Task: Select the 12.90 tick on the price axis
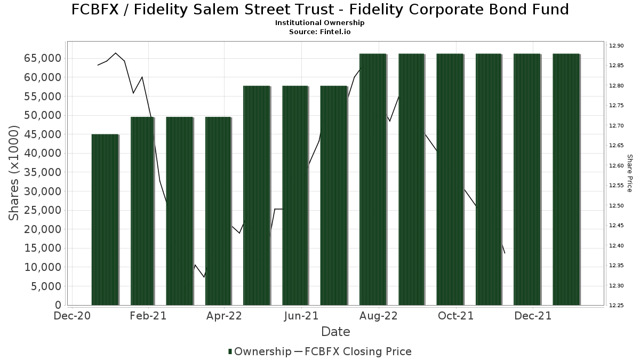(617, 46)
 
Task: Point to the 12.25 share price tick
(617, 306)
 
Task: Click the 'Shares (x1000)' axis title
(15, 173)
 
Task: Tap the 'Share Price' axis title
(629, 173)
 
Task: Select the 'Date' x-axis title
(335, 332)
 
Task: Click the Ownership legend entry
(260, 351)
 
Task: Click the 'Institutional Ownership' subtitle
(320, 23)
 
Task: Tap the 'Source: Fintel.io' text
(320, 31)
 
